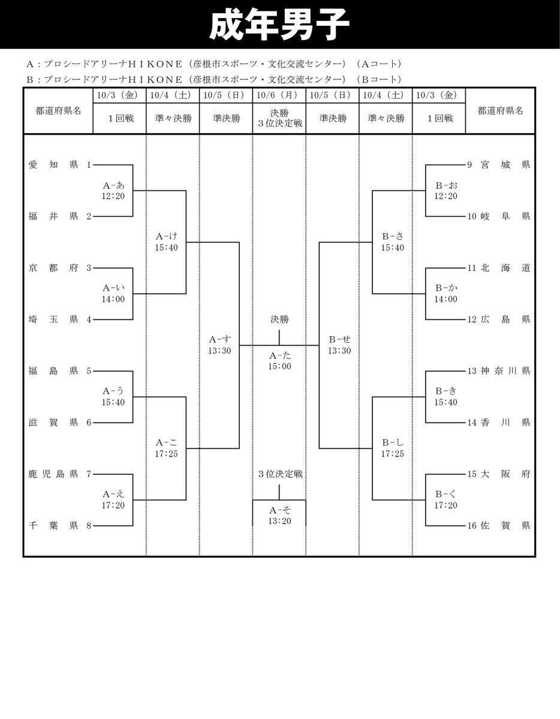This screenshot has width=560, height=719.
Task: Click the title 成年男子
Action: point(279,25)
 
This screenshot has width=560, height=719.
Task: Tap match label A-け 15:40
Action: point(166,242)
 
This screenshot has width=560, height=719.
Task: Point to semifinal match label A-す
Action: point(219,345)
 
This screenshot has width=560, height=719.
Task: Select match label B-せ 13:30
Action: point(339,345)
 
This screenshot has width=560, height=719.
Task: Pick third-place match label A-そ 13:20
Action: point(279,515)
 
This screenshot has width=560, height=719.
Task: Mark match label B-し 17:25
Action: point(393,448)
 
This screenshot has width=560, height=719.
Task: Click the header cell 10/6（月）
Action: point(279,95)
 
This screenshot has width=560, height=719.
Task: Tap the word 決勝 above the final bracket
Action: point(279,319)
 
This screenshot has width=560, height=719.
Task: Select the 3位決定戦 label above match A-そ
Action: point(280,474)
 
